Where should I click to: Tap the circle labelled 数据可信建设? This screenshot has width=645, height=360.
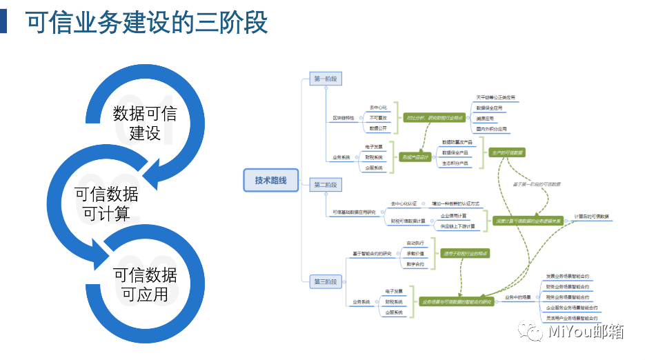[x=144, y=123]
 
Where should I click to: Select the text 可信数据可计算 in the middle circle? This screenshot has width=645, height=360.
[x=106, y=203]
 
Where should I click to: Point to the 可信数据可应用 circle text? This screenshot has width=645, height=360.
[x=145, y=284]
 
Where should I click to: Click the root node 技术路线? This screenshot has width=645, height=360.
[x=271, y=180]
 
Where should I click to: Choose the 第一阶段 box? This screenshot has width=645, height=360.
[x=326, y=79]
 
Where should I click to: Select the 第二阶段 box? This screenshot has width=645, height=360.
[x=326, y=185]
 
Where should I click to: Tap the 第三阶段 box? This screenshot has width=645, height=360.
[x=326, y=281]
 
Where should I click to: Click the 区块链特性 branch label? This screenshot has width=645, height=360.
[x=343, y=118]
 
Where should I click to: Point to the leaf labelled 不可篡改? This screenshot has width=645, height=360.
[x=377, y=118]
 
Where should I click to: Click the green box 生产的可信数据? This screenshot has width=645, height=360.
[x=507, y=152]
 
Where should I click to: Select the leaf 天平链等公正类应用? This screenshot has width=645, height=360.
[x=495, y=98]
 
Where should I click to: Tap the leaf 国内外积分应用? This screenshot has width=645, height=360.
[x=491, y=129]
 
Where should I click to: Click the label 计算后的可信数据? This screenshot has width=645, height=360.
[x=592, y=217]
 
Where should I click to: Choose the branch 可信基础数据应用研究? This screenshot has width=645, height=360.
[x=354, y=212]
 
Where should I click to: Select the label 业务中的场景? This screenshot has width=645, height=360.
[x=517, y=297]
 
